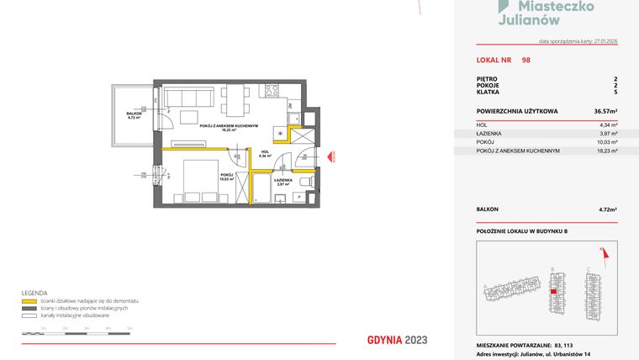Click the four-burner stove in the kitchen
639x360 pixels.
[272, 90]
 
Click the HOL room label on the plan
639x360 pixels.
[263, 152]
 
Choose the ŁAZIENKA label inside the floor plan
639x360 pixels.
[283, 179]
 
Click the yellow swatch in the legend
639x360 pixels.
[29, 300]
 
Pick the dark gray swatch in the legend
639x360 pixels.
[29, 307]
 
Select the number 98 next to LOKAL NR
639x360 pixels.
[525, 60]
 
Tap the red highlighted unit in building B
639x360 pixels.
[552, 291]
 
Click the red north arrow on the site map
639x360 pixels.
[602, 250]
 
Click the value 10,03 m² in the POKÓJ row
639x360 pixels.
[606, 142]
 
